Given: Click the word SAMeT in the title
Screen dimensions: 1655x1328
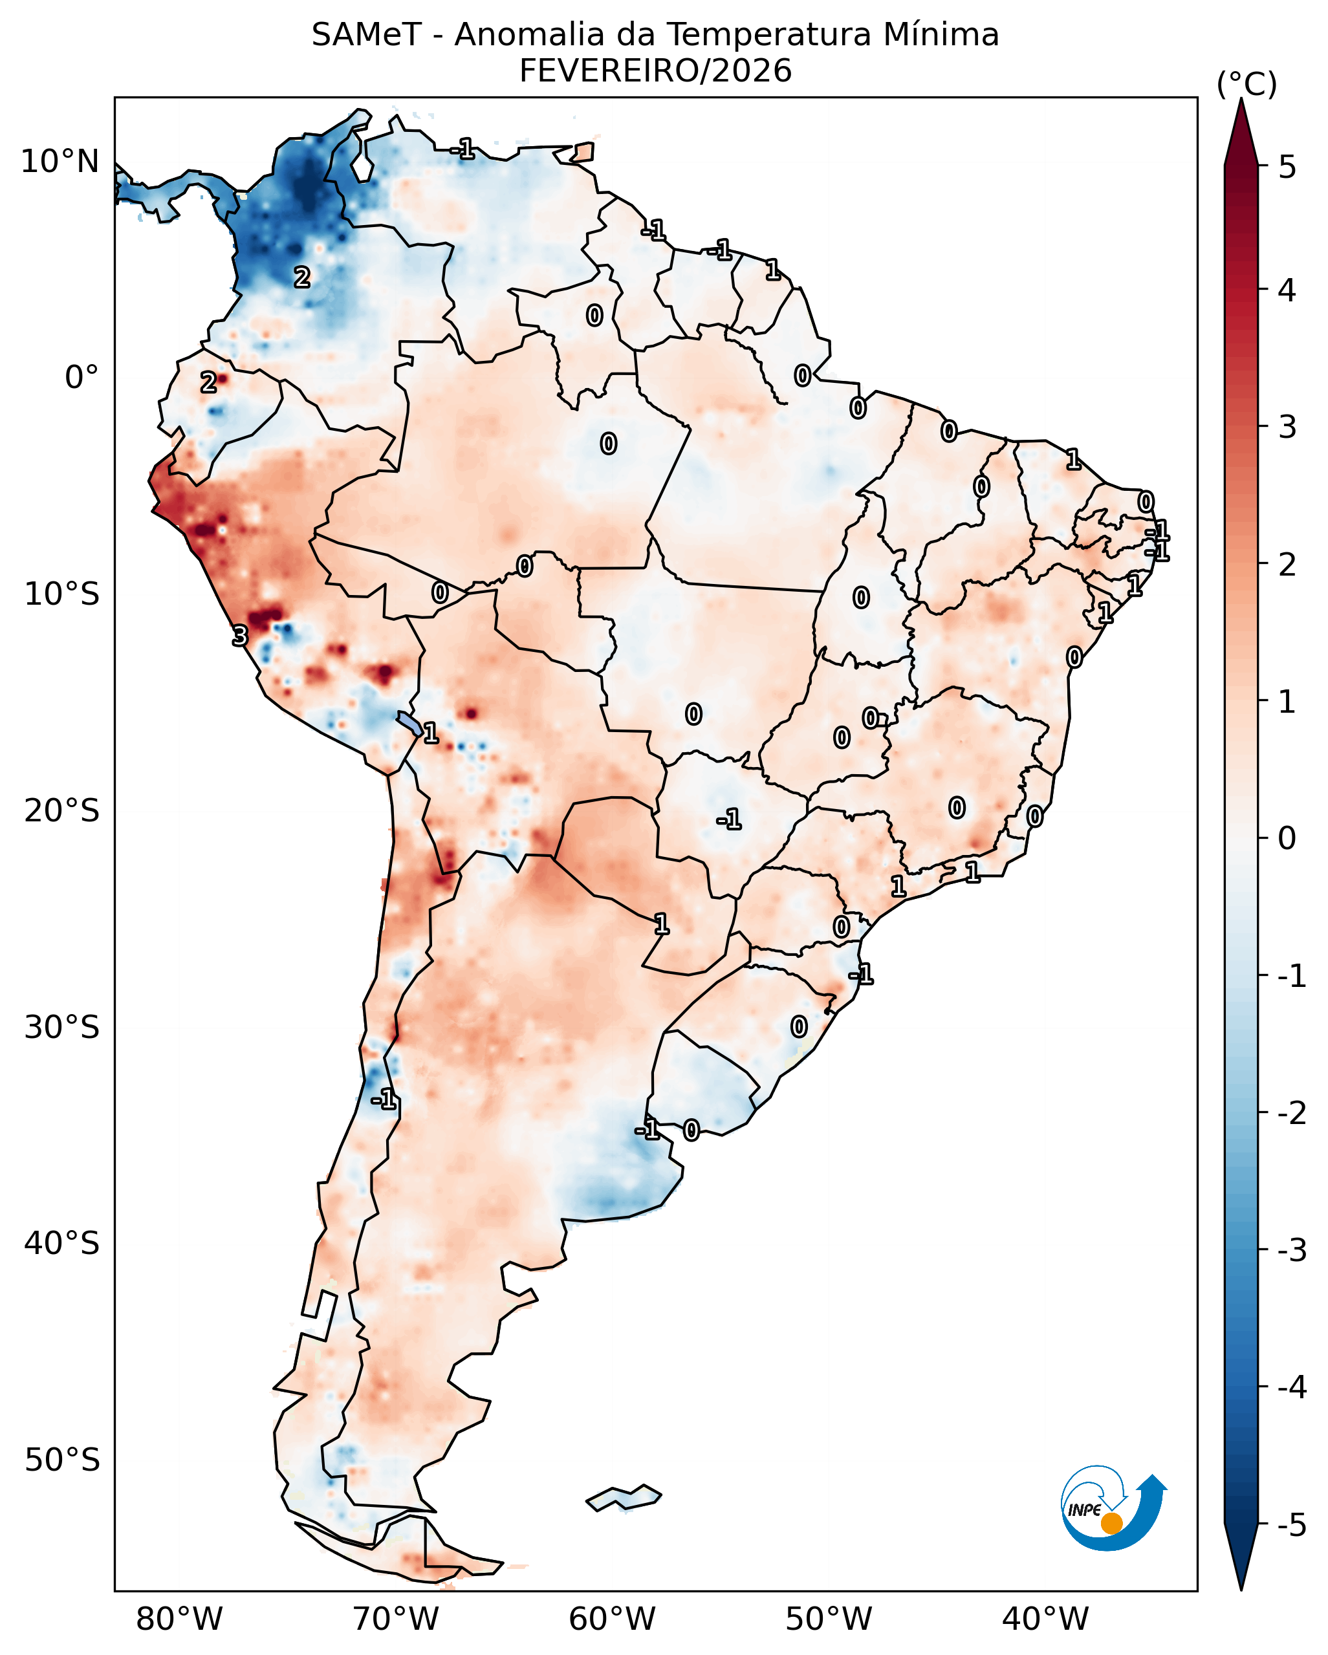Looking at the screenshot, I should pos(366,36).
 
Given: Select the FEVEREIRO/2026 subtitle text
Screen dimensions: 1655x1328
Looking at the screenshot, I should pos(655,71).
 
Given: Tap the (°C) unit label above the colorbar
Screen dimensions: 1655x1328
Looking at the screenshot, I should pos(1246,85).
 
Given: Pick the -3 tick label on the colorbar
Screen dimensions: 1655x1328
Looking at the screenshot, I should pos(1290,1250).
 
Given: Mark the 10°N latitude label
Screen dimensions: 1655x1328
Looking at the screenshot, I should pos(60,162).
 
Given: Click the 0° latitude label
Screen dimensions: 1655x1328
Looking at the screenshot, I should pos(82,378).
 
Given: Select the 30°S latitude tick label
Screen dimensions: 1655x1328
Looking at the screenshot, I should pos(61,1027).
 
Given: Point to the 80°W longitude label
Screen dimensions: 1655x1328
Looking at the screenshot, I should pos(179,1619).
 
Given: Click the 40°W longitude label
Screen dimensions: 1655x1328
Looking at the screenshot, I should pos(1045,1619).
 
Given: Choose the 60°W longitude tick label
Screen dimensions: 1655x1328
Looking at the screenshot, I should pos(612,1619).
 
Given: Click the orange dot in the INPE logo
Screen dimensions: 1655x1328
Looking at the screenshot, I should pos(1111,1524).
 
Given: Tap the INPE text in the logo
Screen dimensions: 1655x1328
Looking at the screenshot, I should pos(1084,1510).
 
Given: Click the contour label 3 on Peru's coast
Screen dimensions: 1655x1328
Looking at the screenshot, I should pos(240,636).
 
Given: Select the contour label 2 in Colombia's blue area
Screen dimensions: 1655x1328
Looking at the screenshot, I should pos(303,277).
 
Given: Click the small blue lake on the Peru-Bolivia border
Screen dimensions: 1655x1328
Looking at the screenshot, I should pos(409,723).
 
